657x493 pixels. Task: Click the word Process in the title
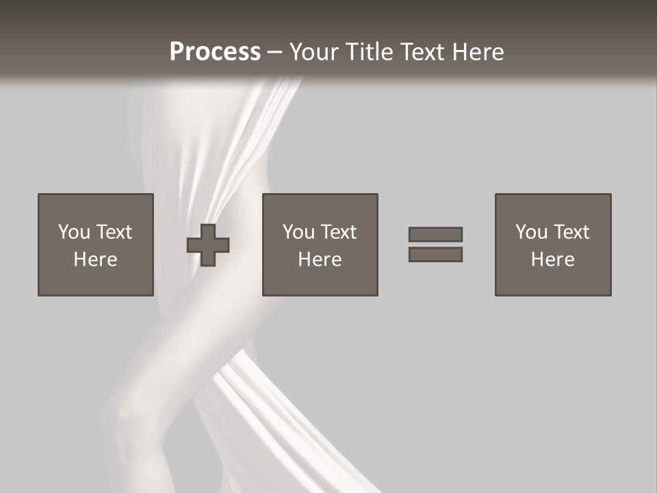tap(215, 52)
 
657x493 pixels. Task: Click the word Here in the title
tap(478, 52)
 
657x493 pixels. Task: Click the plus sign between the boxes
tap(209, 245)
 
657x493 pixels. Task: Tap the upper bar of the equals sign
tap(435, 234)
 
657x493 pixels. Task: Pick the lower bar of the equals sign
tap(435, 255)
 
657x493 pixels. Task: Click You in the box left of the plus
tap(74, 232)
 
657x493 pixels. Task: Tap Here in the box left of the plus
tap(95, 260)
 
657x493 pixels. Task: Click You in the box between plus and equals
tap(298, 232)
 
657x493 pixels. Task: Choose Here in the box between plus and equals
tap(320, 260)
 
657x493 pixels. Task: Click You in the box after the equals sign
tap(531, 232)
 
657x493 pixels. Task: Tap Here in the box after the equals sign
tap(552, 260)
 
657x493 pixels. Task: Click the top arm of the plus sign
tap(209, 231)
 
